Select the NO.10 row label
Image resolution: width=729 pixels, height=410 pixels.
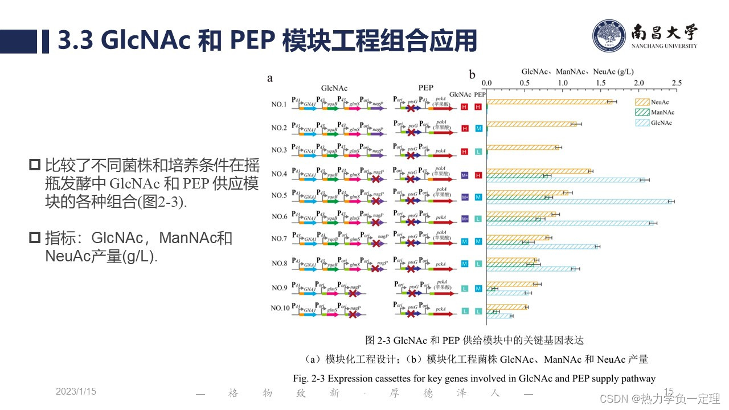click(280, 308)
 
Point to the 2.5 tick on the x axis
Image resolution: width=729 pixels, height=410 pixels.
click(677, 83)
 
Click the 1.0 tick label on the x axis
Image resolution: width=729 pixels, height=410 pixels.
click(563, 83)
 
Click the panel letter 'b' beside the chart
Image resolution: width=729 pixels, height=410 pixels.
click(472, 75)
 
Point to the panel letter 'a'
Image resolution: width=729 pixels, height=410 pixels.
click(270, 78)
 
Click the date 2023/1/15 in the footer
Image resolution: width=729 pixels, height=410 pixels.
click(76, 391)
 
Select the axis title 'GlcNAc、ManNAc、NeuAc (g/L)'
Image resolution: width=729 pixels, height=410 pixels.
click(578, 72)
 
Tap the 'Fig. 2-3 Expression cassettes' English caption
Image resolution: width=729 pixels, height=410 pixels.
click(474, 378)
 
